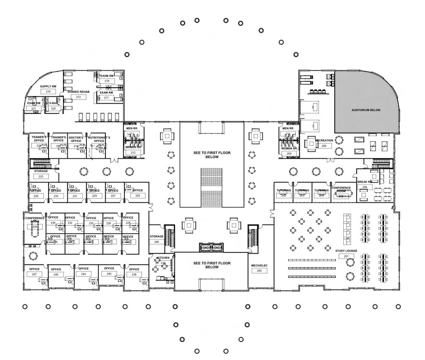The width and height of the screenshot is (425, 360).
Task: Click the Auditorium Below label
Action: pyautogui.click(x=366, y=110)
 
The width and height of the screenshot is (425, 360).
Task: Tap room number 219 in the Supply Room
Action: pyautogui.click(x=48, y=92)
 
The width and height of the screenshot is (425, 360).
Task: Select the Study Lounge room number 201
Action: pyautogui.click(x=346, y=256)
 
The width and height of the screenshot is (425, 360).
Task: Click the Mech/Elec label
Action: pyautogui.click(x=259, y=266)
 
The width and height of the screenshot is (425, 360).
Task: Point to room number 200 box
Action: pyautogui.click(x=259, y=271)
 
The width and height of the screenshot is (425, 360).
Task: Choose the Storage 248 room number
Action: pyautogui.click(x=156, y=242)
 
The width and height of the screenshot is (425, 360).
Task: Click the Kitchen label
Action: pyautogui.click(x=163, y=258)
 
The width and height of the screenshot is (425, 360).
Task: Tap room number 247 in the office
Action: pyautogui.click(x=34, y=274)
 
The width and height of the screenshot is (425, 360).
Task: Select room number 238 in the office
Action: pyautogui.click(x=134, y=274)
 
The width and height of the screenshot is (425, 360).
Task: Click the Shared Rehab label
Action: pyautogui.click(x=78, y=92)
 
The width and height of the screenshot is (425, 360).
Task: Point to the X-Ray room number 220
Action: pyautogui.click(x=53, y=109)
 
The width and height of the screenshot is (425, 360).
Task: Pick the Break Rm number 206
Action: pyautogui.click(x=364, y=187)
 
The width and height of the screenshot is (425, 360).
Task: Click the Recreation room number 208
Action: pyautogui.click(x=324, y=145)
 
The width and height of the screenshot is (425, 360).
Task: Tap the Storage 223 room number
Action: pyautogui.click(x=41, y=176)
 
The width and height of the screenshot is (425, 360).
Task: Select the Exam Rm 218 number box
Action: pyautogui.click(x=107, y=81)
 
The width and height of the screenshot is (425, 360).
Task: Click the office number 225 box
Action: pyautogui.click(x=138, y=195)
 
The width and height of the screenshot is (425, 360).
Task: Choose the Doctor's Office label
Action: pyautogui.click(x=76, y=139)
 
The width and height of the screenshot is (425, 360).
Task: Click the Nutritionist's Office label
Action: pyautogui.click(x=99, y=139)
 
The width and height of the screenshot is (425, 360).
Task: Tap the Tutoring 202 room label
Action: pyautogui.click(x=284, y=191)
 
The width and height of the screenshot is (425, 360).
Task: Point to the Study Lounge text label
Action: pyautogui.click(x=346, y=251)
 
